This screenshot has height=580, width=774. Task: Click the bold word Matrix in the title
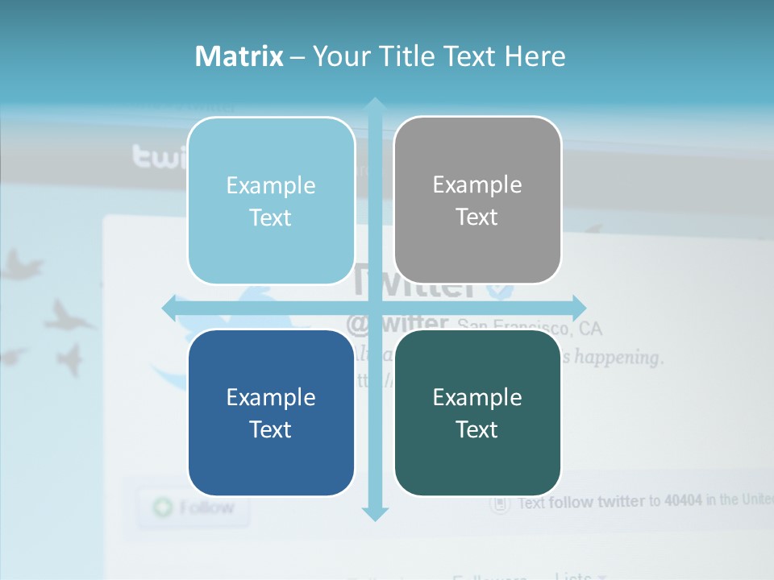(x=239, y=56)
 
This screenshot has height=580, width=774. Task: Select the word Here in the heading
(x=535, y=56)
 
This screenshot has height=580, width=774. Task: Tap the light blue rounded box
(x=271, y=201)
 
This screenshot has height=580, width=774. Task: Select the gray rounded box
(x=477, y=200)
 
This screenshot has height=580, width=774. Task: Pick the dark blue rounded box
(x=271, y=412)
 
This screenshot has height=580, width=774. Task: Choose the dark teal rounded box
(x=477, y=412)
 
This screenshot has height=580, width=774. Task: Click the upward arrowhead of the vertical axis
(x=374, y=106)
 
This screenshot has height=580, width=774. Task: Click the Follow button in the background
(x=193, y=507)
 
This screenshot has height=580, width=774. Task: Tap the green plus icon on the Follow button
(x=163, y=507)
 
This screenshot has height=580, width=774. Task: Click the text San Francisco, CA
(x=529, y=327)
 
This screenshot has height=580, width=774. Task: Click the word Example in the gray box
(x=477, y=184)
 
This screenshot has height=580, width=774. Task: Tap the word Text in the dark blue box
(x=271, y=429)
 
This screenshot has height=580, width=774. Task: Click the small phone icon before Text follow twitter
(x=501, y=504)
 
